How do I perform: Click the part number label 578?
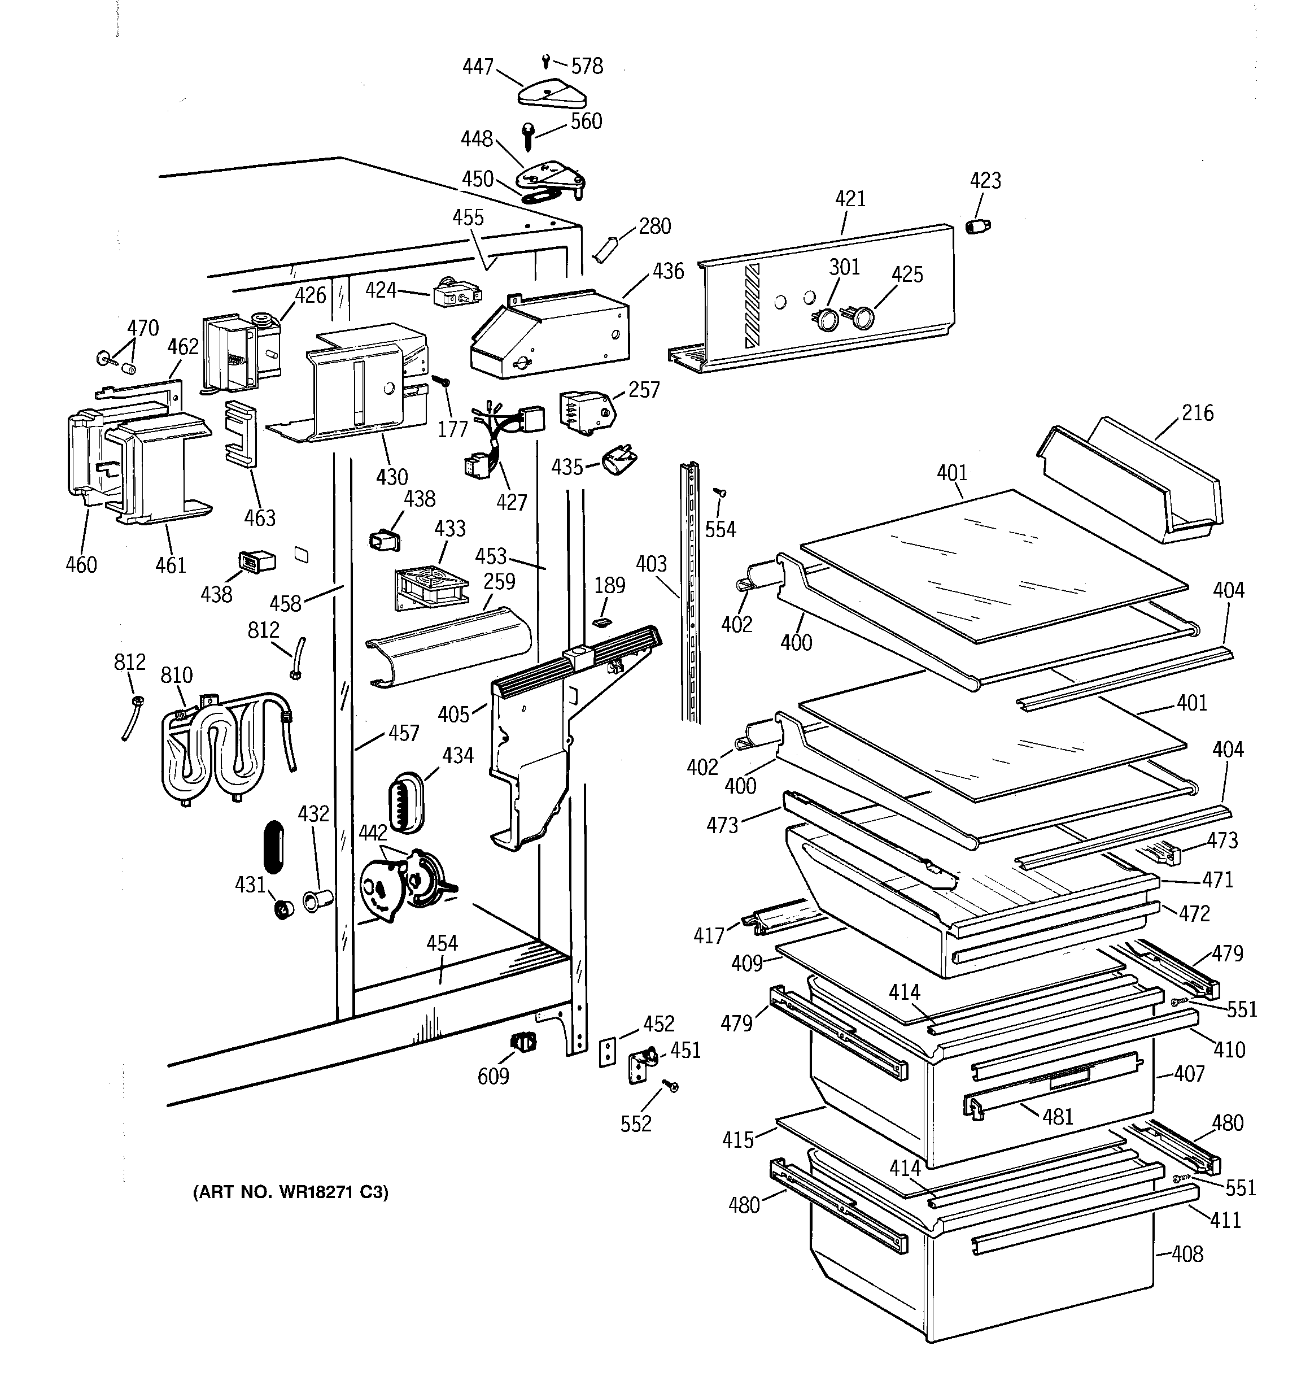587,66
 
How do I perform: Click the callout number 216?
1197,413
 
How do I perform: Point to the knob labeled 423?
976,226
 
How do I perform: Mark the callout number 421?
850,199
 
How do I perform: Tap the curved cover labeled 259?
447,648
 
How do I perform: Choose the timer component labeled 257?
584,410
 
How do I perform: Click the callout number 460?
81,565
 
